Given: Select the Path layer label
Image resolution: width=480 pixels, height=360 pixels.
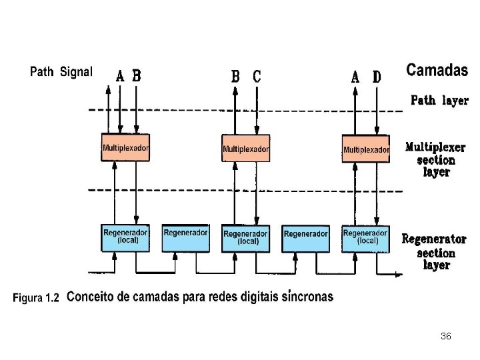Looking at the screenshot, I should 439,101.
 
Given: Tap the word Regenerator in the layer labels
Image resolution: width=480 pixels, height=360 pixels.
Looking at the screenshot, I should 434,239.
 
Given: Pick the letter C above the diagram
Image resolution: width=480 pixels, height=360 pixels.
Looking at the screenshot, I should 257,77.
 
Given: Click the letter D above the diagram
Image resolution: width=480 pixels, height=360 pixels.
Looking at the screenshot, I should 377,77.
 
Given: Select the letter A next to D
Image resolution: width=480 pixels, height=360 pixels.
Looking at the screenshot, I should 355,77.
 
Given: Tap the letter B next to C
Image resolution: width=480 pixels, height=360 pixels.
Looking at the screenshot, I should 235,77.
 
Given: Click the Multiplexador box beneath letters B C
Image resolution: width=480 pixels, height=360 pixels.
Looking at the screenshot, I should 245,148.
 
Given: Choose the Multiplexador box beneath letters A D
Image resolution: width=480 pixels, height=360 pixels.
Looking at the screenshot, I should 366,149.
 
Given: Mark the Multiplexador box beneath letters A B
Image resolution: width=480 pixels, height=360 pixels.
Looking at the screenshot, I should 125,147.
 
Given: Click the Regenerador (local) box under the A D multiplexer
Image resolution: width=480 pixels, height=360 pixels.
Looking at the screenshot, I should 365,237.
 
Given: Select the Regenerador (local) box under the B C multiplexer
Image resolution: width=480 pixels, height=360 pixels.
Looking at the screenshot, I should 245,238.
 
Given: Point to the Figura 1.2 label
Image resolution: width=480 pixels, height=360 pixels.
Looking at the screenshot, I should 36,299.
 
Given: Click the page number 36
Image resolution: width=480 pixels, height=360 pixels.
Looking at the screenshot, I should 446,337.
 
